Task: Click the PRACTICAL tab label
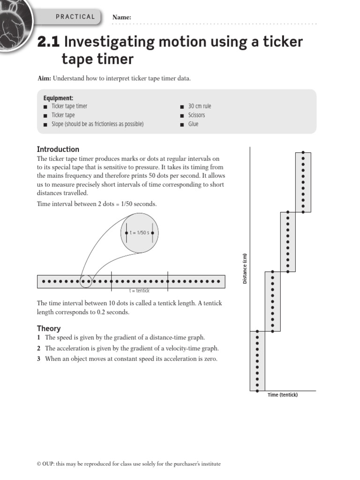tap(75, 17)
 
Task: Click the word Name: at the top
tap(121, 17)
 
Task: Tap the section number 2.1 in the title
tap(49, 43)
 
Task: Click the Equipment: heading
tap(58, 98)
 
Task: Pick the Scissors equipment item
tap(196, 115)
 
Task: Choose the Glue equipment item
tap(193, 124)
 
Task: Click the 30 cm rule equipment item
tap(200, 106)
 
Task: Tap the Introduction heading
tap(58, 149)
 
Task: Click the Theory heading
tap(49, 329)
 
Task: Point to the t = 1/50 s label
tap(139, 232)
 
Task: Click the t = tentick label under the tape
tap(139, 291)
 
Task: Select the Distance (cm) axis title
tap(244, 269)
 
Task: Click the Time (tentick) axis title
tap(283, 395)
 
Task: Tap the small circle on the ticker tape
tap(86, 282)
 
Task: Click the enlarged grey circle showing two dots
tap(140, 233)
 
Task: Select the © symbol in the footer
tap(39, 464)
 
